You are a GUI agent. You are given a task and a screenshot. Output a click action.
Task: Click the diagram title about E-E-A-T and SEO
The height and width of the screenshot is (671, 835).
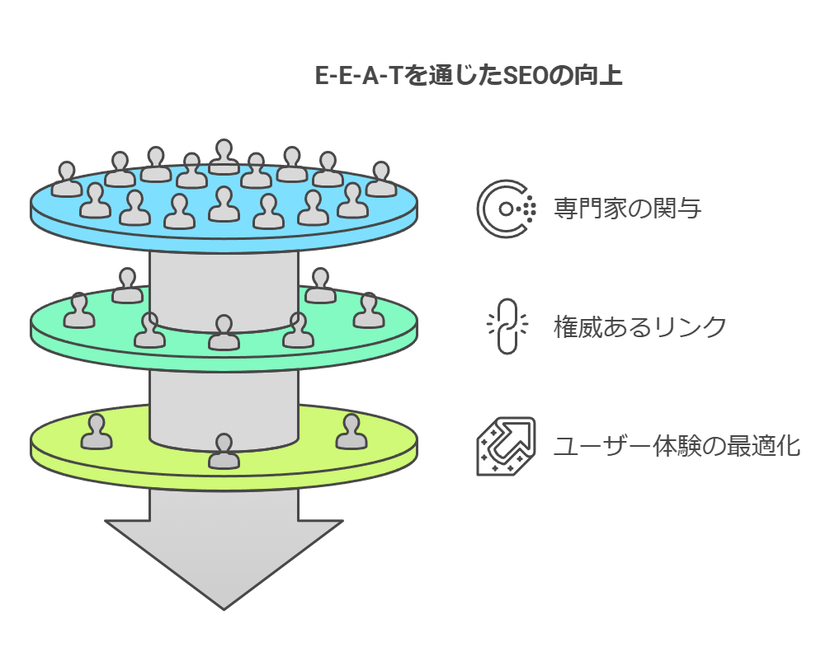469,76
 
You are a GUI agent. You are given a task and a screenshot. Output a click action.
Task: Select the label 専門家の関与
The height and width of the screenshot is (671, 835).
627,209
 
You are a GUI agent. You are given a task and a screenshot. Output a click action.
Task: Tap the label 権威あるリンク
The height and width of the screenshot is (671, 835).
640,327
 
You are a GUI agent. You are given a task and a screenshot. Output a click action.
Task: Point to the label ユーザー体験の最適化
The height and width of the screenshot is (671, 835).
677,446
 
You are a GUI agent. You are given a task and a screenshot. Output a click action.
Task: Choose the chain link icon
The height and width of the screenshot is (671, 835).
506,326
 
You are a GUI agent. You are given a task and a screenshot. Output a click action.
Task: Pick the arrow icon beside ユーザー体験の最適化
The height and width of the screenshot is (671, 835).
506,446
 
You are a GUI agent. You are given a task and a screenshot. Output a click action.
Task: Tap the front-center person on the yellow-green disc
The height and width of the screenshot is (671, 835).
224,452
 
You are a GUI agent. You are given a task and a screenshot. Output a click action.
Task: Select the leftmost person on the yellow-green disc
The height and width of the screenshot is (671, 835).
97,433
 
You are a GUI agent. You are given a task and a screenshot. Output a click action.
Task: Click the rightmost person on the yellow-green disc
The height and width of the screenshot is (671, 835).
351,433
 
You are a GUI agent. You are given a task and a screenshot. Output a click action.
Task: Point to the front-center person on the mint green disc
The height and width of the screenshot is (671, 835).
224,333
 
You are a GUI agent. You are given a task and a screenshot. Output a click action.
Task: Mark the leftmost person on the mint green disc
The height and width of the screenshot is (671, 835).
79,312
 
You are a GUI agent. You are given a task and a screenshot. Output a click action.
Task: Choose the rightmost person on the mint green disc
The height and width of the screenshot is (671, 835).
368,312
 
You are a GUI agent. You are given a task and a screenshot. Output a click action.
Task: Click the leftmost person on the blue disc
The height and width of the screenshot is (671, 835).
67,180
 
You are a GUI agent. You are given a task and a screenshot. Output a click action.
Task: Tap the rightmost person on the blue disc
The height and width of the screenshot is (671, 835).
380,180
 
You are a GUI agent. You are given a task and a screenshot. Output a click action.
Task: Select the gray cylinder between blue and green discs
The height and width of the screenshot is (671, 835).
224,276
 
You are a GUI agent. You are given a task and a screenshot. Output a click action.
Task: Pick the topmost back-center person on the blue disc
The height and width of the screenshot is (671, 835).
224,157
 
